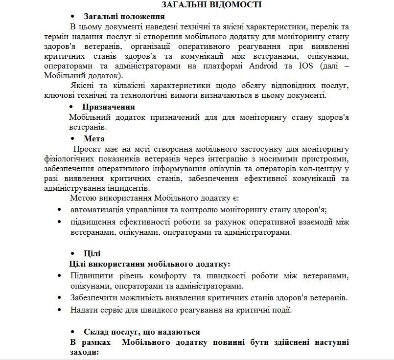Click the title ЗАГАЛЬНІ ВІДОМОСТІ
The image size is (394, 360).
[x=212, y=5]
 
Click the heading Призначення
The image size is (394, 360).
[x=109, y=107]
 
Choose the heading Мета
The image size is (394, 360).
[x=94, y=138]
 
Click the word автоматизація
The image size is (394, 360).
[x=96, y=210]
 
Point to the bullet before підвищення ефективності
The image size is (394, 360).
[x=59, y=222]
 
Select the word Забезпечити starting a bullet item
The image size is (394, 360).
[x=94, y=297]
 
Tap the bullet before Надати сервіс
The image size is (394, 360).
[x=59, y=310]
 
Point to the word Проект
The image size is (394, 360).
[x=89, y=149]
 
